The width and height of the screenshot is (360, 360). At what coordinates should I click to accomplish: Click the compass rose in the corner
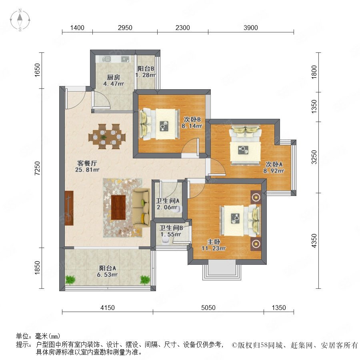(20, 20)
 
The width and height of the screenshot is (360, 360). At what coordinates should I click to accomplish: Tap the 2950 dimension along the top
(125, 28)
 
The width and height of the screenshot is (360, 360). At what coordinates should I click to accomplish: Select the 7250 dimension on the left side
(37, 168)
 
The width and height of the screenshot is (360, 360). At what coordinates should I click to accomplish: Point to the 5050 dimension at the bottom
(208, 308)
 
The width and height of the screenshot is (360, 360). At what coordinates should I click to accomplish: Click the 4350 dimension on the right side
(314, 241)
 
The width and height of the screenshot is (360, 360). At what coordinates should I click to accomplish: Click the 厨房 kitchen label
(114, 77)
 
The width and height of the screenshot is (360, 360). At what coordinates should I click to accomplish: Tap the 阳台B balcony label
(146, 68)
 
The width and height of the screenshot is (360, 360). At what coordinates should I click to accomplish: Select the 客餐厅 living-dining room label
(87, 163)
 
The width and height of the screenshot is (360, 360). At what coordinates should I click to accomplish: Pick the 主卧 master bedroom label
(214, 242)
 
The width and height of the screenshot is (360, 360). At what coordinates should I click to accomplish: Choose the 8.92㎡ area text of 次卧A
(274, 171)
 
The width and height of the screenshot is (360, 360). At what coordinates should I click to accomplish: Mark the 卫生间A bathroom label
(168, 201)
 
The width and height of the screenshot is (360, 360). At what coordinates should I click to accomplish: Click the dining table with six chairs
(107, 137)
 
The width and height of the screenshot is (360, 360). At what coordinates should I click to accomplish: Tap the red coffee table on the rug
(118, 207)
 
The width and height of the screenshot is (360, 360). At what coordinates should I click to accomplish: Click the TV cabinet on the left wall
(69, 208)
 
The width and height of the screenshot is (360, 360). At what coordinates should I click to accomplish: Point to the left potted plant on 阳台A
(70, 280)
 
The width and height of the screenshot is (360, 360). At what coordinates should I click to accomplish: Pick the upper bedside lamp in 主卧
(256, 197)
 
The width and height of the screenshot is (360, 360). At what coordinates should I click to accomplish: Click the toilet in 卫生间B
(165, 240)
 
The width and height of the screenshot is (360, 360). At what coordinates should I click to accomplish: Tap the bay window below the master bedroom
(222, 270)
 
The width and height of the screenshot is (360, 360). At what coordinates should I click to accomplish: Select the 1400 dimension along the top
(77, 28)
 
